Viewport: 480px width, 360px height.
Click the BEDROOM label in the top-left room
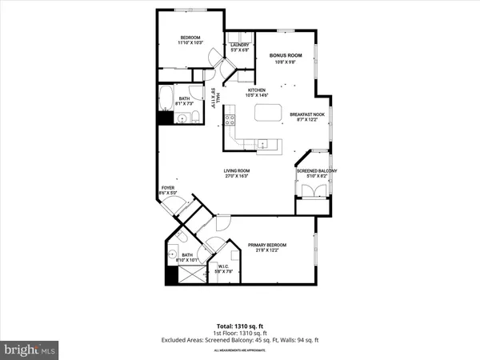pyautogui.click(x=190, y=37)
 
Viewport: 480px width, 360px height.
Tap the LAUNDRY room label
pyautogui.click(x=240, y=46)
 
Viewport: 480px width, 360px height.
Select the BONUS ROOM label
pyautogui.click(x=283, y=55)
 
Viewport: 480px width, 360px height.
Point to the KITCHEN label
pyautogui.click(x=256, y=90)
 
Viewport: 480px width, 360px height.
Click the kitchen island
pyautogui.click(x=269, y=114)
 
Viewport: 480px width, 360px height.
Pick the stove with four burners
pyautogui.click(x=229, y=121)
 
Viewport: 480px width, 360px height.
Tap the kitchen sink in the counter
pyautogui.click(x=262, y=144)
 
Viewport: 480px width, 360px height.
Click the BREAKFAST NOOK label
pyautogui.click(x=306, y=114)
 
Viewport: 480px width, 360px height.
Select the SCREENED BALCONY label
pyautogui.click(x=317, y=171)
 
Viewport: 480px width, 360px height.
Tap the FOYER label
pyautogui.click(x=167, y=188)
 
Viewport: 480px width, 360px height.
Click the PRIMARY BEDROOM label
pyautogui.click(x=266, y=245)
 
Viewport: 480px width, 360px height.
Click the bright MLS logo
pyautogui.click(x=30, y=350)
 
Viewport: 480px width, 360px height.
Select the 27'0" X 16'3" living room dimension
pyautogui.click(x=237, y=177)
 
